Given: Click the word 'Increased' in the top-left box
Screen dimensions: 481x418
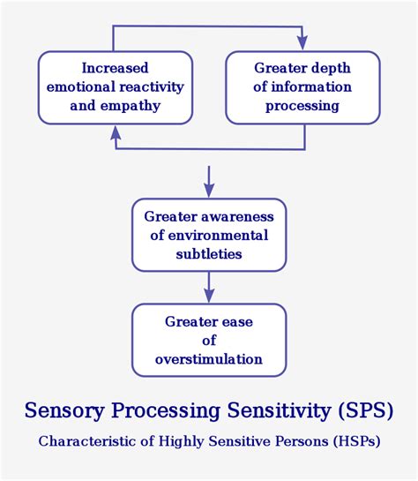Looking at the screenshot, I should pos(115,68).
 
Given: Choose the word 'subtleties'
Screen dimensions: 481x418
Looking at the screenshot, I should pos(209,253).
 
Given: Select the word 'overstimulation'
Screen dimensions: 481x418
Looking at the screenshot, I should pos(209,358).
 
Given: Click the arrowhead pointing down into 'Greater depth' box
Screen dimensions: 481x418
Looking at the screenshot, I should pos(302,41).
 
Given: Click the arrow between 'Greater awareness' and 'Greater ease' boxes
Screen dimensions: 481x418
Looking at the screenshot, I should pos(209,287).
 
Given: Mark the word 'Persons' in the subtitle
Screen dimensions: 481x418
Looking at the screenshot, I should pos(287,440).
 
